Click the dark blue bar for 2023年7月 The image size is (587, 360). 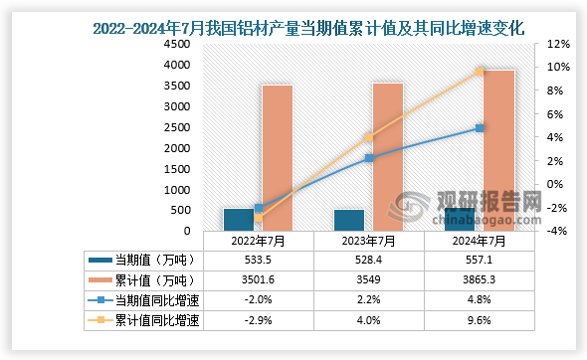pos(348,220)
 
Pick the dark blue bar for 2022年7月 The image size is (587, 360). pos(239,220)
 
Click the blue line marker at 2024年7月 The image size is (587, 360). pos(480,128)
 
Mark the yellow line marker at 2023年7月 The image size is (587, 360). pos(368,137)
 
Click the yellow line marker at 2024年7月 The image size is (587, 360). pos(480,72)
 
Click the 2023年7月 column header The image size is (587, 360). pos(368,240)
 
